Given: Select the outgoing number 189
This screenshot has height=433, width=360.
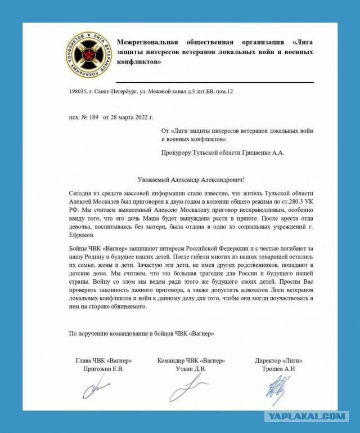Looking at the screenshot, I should tap(93, 118).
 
